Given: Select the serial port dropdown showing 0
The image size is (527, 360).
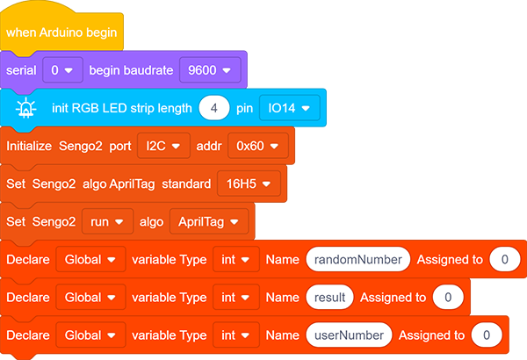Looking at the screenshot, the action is tap(62, 70).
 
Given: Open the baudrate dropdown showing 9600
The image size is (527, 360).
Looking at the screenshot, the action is tap(210, 70).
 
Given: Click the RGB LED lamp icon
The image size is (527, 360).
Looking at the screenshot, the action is tap(25, 108).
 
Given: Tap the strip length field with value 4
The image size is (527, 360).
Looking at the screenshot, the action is tap(214, 108).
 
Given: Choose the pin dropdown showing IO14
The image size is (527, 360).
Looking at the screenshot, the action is tap(289, 108).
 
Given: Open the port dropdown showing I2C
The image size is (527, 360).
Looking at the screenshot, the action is tap(163, 146).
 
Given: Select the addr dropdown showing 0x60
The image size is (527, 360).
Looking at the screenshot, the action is tap(257, 146).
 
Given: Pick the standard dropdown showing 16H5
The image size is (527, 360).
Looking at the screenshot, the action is tap(249, 184).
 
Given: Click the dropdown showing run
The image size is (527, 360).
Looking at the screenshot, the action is tap(107, 221).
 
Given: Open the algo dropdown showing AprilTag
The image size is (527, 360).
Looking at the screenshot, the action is tap(209, 221).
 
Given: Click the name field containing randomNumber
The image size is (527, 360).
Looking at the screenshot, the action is tap(358, 260).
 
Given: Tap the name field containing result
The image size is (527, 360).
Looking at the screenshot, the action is tap(329, 297).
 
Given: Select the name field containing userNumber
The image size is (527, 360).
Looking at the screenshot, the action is tap(349, 335).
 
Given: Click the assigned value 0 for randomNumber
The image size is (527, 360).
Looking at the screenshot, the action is tap(505, 260).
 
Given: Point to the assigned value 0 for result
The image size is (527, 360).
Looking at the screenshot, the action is tap(448, 297).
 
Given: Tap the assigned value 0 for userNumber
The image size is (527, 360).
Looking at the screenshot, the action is tap(487, 335).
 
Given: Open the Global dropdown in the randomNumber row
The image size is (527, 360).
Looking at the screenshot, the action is tap(90, 260).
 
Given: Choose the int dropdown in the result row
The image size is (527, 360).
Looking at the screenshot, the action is tap(236, 297).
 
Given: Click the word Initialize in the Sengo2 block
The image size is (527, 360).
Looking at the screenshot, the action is tap(29, 146).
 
